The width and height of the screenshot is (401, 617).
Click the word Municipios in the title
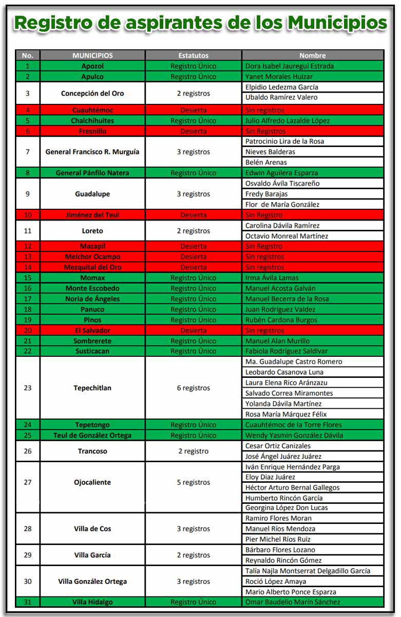coord(337,23)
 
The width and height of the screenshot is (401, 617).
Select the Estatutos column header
coord(193,56)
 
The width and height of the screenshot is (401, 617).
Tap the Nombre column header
coord(313,56)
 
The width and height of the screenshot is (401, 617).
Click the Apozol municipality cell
coord(92,66)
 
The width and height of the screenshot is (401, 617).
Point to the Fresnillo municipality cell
coord(92,131)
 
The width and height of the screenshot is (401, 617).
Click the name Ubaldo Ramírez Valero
coord(281,97)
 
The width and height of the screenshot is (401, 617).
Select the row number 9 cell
coord(28,194)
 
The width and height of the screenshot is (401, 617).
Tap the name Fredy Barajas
coord(266,194)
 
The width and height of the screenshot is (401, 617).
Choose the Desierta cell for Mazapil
coord(193,246)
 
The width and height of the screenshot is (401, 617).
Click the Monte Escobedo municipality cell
coord(92,288)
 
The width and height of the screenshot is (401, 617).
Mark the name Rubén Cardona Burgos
coord(281,320)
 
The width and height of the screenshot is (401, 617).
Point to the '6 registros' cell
coord(193,388)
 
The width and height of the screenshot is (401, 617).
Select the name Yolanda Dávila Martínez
coord(283,404)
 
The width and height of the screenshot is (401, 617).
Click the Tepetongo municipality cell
coord(92,425)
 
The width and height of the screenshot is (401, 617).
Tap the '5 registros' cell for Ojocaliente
coord(193,482)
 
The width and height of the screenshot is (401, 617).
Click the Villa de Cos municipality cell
coord(92,529)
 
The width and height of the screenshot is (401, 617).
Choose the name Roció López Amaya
coord(276,582)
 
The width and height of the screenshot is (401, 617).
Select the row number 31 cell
coord(28,602)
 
